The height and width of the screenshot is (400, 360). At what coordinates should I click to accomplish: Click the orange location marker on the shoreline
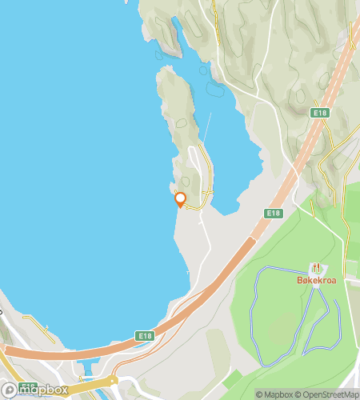181,199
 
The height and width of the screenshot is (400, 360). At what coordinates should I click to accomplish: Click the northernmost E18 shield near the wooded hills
321,114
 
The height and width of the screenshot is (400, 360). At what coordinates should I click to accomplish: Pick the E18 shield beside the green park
274,213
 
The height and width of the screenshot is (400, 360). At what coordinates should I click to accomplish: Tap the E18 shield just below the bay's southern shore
144,335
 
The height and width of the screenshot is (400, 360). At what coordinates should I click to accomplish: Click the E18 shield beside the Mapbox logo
28,386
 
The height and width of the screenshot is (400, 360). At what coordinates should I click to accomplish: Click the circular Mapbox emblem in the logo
10,390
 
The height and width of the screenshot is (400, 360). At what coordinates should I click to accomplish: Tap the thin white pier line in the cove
206,128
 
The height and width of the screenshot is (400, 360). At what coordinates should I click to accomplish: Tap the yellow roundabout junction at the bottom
114,380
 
